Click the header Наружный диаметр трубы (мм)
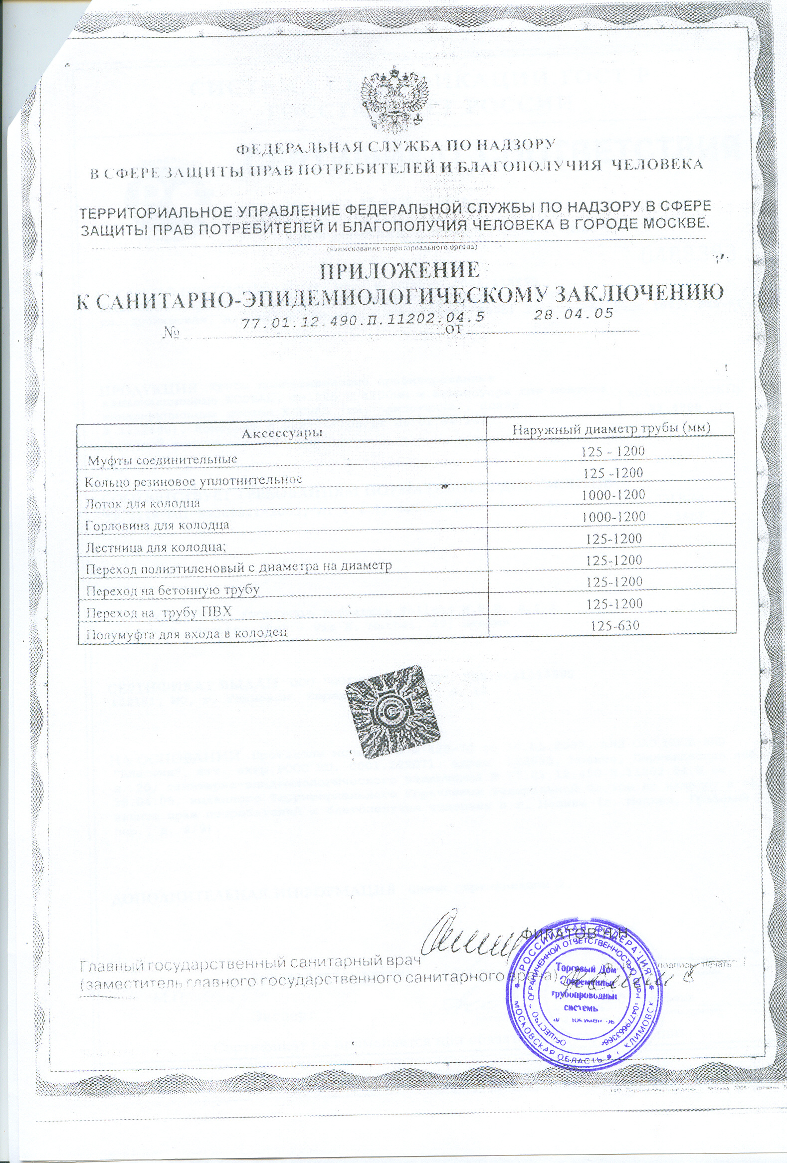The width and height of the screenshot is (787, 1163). (611, 427)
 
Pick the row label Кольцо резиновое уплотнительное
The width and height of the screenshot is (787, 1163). (194, 480)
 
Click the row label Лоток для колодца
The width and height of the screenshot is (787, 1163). (143, 503)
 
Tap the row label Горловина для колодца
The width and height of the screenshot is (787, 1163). (158, 525)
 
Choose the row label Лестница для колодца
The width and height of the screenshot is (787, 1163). (156, 547)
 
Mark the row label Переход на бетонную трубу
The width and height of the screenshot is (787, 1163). (173, 590)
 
